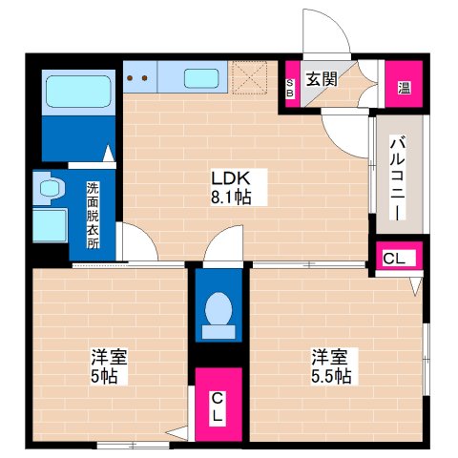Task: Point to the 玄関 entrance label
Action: (x=322, y=79)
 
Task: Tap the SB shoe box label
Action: (x=291, y=87)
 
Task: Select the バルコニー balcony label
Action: (x=396, y=177)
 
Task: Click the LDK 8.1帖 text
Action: (x=231, y=187)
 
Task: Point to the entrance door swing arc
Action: (x=326, y=33)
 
